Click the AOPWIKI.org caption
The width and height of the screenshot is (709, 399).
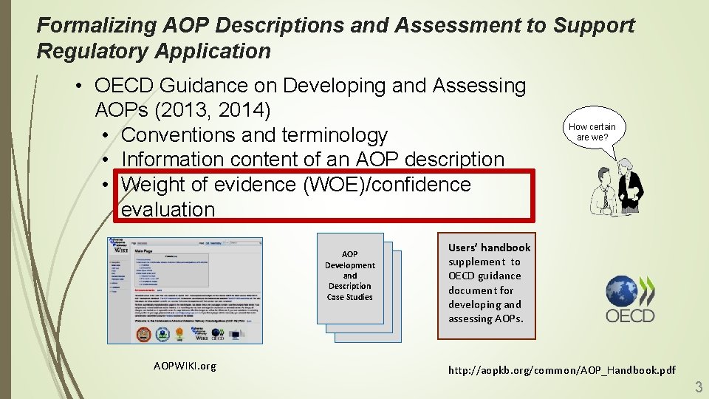pos(185,366)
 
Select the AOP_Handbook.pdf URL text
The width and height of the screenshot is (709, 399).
pos(561,369)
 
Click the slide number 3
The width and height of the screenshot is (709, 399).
pos(698,386)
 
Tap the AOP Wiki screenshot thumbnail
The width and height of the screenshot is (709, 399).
pos(185,290)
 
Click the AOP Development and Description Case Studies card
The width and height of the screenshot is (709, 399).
pos(350,276)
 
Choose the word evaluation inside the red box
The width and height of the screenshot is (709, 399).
pos(168,209)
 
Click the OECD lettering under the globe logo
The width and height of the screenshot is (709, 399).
pos(630,316)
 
